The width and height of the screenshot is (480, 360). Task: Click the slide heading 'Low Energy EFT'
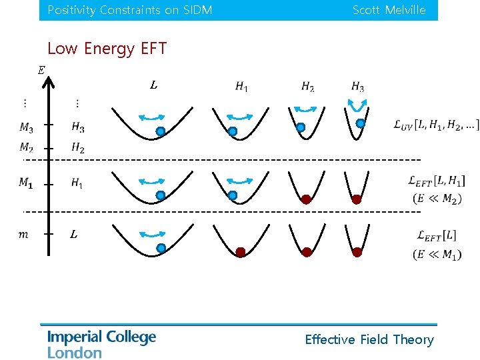107,49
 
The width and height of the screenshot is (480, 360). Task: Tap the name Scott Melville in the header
389,10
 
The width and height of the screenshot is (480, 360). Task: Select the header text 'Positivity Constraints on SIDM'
130,10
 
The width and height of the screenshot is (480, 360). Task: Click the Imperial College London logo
101,344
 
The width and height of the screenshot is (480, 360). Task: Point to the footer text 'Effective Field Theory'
369,339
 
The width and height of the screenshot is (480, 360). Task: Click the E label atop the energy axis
41,70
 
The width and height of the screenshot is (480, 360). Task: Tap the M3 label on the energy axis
27,127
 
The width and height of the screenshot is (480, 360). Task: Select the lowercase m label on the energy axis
24,234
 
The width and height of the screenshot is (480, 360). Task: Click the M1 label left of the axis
25,182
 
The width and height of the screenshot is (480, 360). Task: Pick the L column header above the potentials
153,85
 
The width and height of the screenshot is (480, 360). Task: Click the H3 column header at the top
357,86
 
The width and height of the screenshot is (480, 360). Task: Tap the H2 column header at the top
307,86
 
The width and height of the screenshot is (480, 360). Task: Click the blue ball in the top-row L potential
161,132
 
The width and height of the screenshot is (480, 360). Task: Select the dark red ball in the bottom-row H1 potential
241,252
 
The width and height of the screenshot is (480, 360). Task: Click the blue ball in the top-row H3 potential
361,123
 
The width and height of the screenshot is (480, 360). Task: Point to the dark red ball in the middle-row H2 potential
306,199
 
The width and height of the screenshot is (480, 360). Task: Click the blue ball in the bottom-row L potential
161,248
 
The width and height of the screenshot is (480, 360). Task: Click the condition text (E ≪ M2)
437,198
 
